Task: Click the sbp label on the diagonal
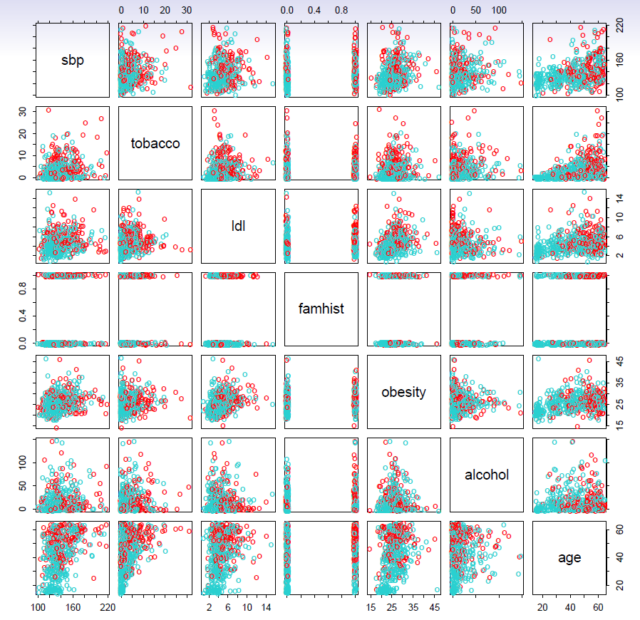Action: coord(72,60)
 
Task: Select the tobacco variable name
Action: coord(155,143)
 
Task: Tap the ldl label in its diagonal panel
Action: coord(238,226)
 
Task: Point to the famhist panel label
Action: coord(321,309)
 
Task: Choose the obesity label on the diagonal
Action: coord(403,392)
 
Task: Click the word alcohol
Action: coord(487,475)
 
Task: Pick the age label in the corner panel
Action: coord(569,558)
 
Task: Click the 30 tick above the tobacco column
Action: coord(187,11)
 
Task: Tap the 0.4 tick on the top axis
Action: coord(314,11)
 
